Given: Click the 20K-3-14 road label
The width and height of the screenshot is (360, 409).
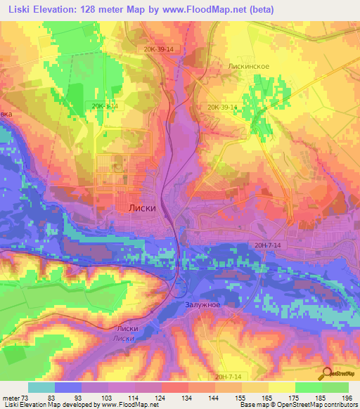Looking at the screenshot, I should [x=104, y=105].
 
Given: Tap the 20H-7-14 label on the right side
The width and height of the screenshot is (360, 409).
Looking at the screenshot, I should [x=269, y=245].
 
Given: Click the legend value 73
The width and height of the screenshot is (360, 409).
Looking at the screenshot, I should [x=24, y=397].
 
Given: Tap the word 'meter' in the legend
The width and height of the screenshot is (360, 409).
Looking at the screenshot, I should [x=11, y=397].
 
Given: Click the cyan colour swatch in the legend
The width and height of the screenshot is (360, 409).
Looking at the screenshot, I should [x=41, y=387].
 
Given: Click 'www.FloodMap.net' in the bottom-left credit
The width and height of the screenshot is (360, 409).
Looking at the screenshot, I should [x=130, y=405].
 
